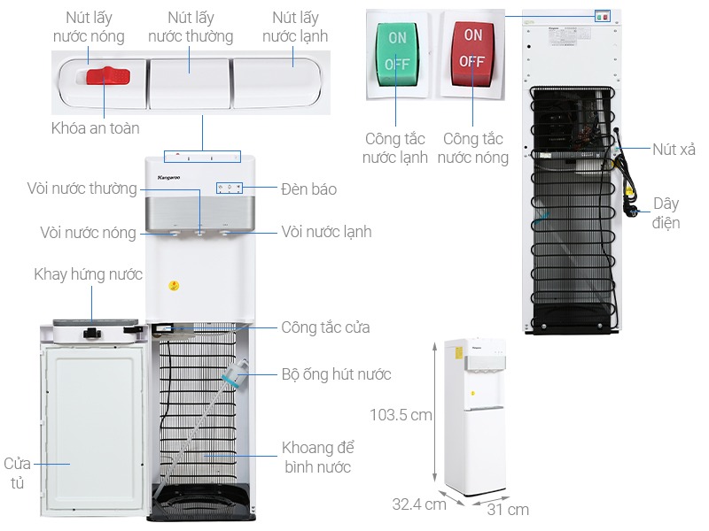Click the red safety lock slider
108,76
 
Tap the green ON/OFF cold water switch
397,52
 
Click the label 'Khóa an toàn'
95,128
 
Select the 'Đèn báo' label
308,189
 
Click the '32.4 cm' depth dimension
419,504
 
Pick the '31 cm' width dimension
507,509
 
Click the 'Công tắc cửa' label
325,327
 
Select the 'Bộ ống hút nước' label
336,374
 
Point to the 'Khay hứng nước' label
89,274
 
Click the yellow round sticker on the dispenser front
175,287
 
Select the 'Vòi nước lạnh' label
326,232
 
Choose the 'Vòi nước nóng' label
88,233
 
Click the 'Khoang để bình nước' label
317,457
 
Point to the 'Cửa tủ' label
18,473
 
